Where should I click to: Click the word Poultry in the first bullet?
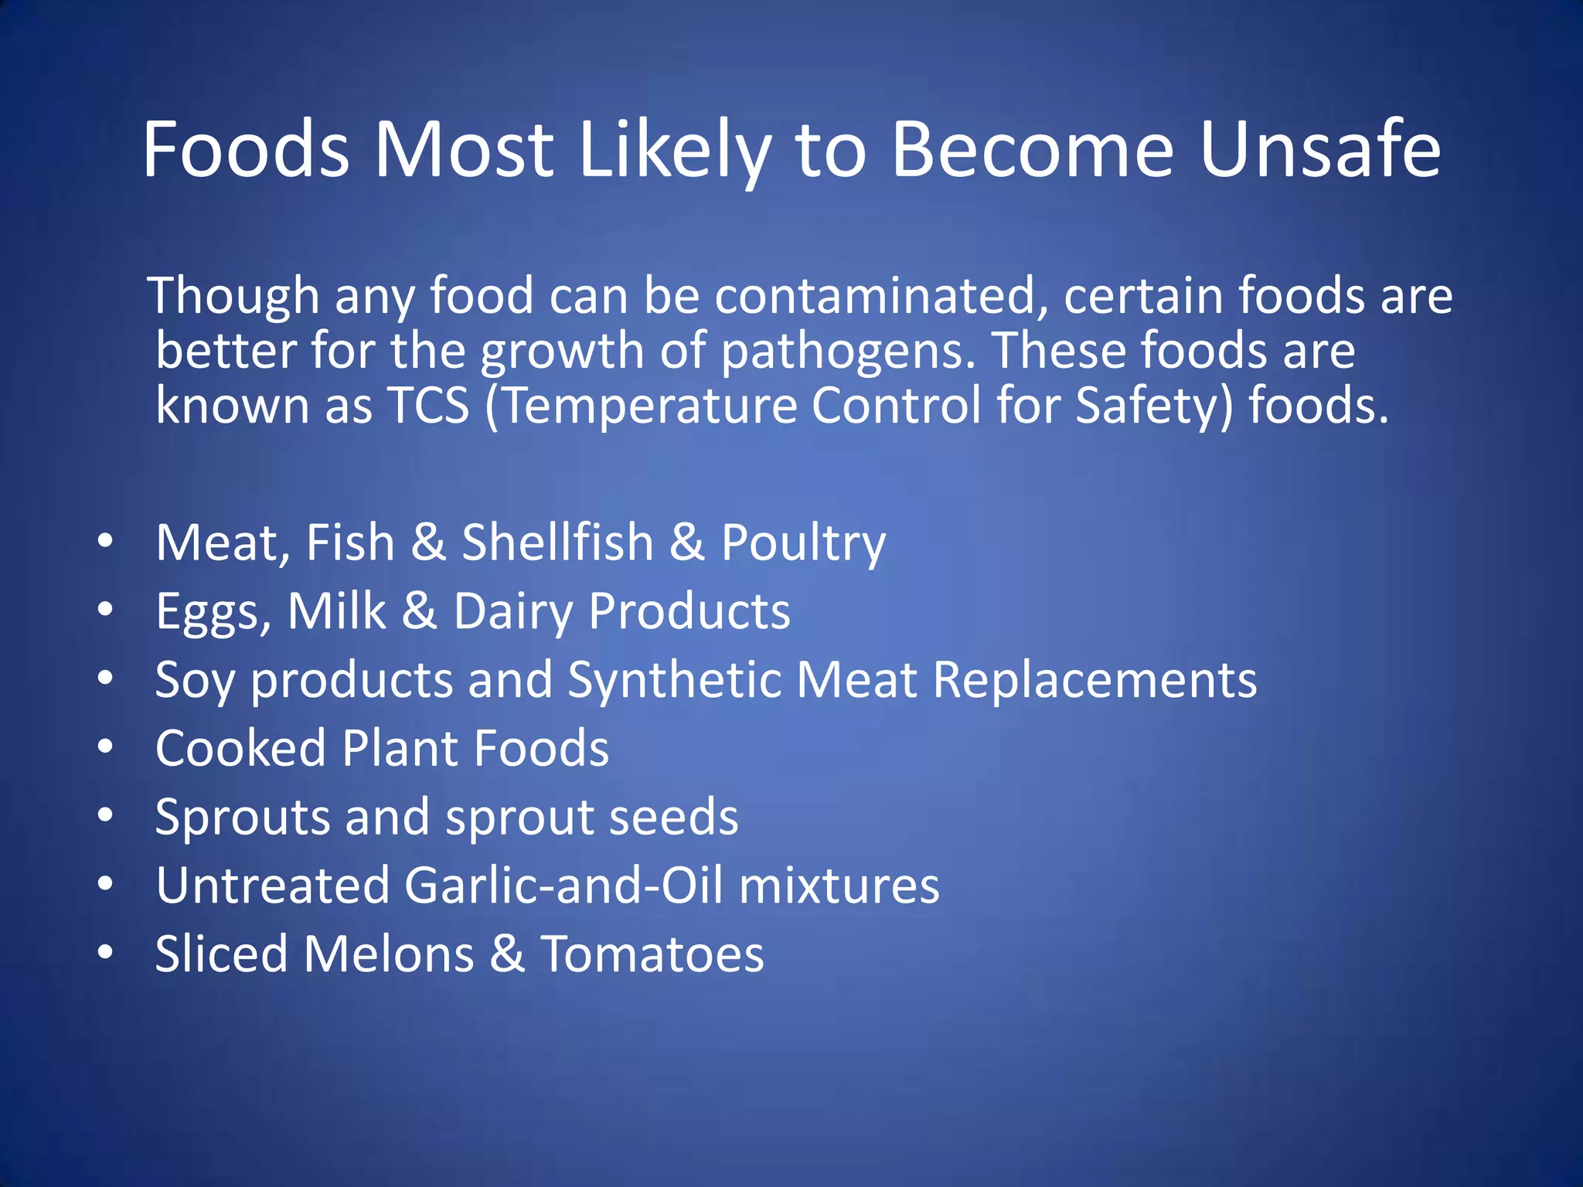pos(803,543)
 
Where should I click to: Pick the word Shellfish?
pos(557,542)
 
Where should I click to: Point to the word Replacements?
pos(1094,681)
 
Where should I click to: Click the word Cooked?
pos(240,748)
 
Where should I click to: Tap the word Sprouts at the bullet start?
pos(243,818)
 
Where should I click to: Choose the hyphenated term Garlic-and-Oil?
pos(563,886)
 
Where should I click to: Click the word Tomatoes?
pos(652,954)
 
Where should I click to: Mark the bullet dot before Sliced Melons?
pos(105,952)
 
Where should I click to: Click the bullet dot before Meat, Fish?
pos(105,540)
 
